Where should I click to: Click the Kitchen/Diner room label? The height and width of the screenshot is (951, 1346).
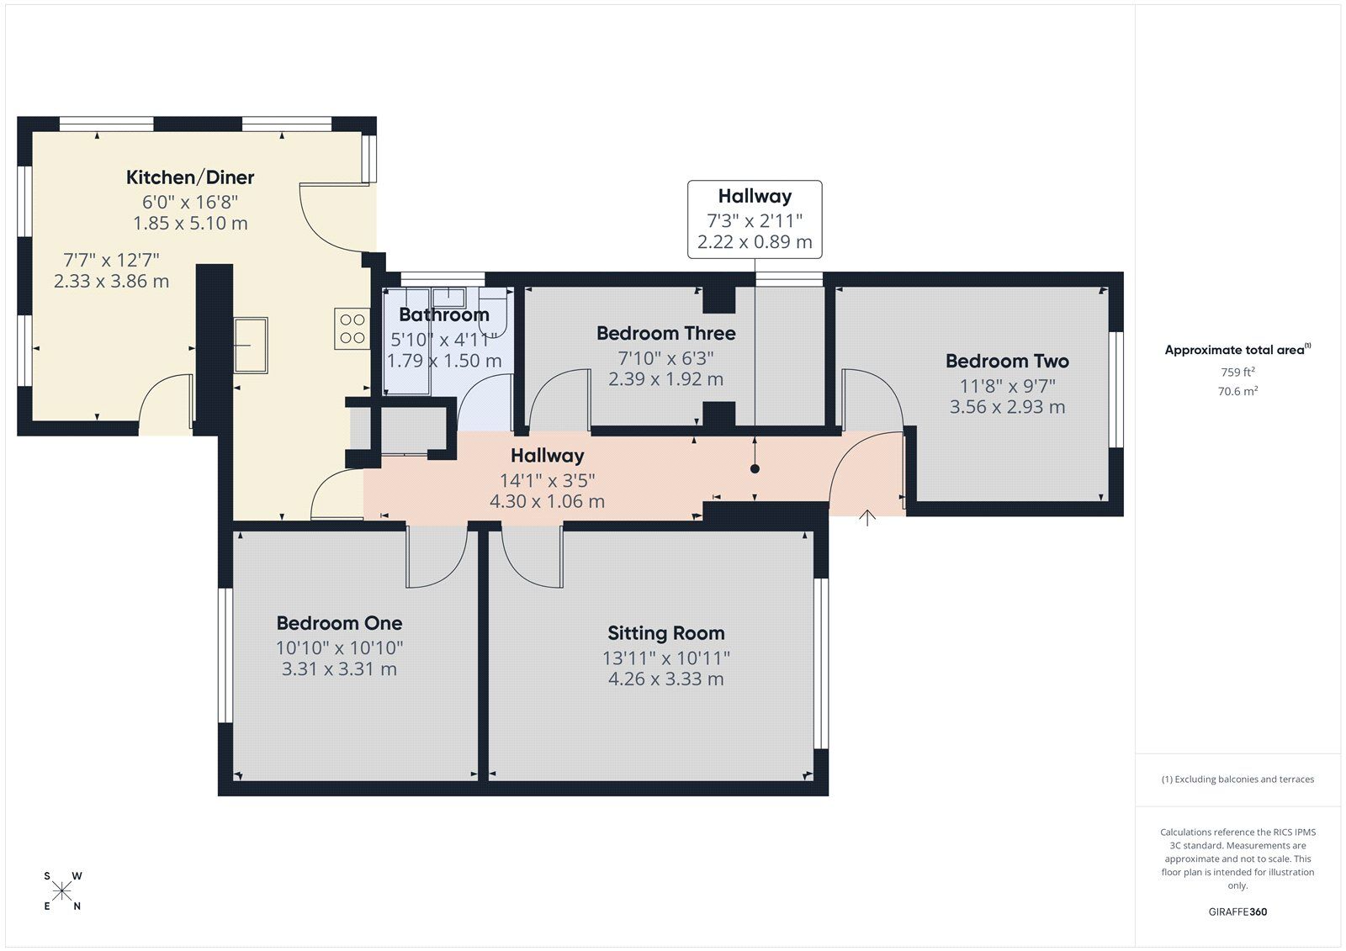(190, 177)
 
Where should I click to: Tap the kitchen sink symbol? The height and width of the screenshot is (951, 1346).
(251, 345)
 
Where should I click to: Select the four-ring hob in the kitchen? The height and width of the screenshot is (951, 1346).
(352, 329)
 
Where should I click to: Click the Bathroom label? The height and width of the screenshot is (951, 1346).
(443, 315)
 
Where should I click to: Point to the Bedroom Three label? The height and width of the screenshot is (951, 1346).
(665, 334)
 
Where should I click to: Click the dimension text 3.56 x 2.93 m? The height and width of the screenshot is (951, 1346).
(1007, 407)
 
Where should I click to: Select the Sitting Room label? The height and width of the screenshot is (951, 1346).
(665, 633)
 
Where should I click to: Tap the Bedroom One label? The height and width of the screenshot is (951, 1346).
(339, 623)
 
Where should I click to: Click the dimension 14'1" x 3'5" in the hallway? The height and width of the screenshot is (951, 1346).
(547, 481)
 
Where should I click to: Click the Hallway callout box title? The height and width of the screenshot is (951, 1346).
(755, 197)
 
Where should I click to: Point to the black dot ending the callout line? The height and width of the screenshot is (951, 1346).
(755, 469)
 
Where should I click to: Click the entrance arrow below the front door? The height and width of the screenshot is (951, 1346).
(867, 517)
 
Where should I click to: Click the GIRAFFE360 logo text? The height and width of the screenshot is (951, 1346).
(1237, 911)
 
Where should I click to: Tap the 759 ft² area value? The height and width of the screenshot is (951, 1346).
(1237, 372)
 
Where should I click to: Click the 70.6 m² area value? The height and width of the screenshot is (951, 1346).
(1237, 391)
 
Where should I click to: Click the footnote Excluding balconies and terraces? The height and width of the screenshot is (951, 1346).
(1237, 779)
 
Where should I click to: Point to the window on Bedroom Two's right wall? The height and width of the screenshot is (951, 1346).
(1116, 389)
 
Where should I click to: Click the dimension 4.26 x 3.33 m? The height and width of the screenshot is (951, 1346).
(665, 679)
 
